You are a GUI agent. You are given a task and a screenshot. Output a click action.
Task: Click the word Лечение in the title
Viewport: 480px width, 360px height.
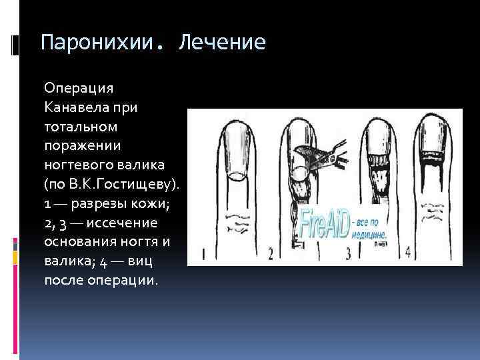pos(222,43)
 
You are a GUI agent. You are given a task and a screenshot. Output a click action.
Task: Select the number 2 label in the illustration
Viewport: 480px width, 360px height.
pos(271,253)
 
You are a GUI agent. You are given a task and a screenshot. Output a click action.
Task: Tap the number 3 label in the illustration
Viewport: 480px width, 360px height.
pos(348,253)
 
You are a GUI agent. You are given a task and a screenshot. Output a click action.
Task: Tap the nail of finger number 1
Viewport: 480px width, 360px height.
pos(236,152)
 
